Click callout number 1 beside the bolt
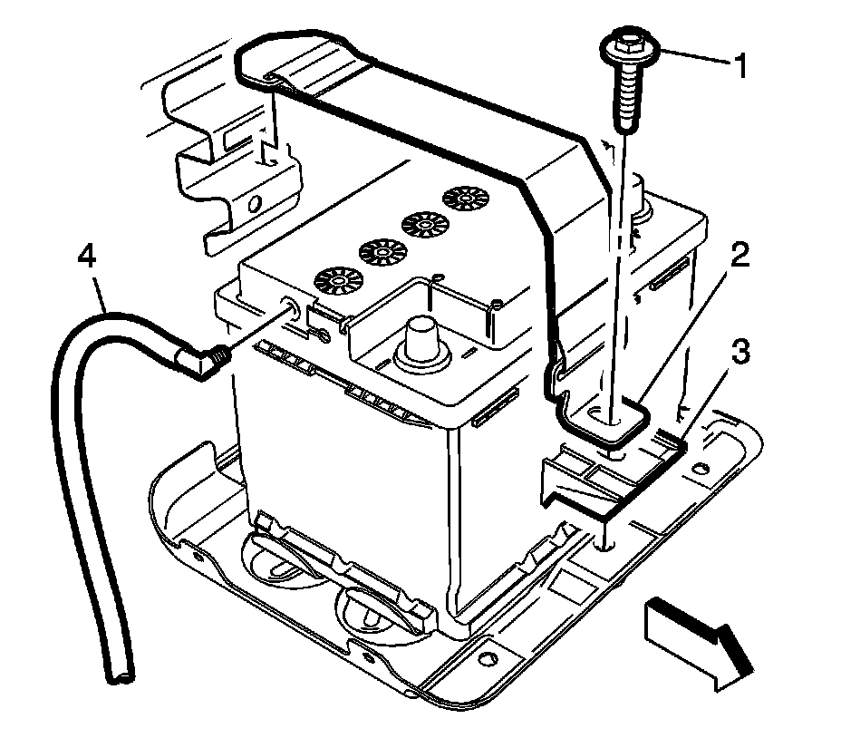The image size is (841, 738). click(x=741, y=65)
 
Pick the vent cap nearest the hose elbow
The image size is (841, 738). click(x=334, y=281)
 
